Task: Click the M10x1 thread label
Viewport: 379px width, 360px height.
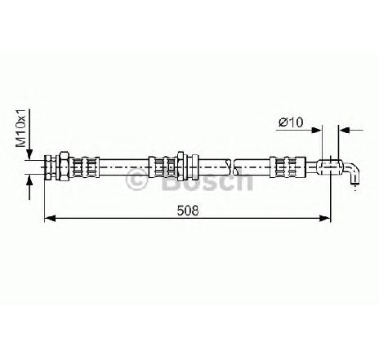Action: [20, 128]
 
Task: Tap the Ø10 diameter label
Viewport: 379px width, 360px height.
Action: [291, 122]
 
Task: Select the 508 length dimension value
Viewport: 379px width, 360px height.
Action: [188, 211]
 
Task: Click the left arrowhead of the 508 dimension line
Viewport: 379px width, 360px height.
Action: [50, 218]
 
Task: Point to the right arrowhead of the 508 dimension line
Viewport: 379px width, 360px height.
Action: [325, 218]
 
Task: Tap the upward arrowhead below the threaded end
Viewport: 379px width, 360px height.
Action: [29, 181]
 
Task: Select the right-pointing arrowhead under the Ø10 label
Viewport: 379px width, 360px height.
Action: [316, 131]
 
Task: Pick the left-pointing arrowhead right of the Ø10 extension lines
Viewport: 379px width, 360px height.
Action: [344, 131]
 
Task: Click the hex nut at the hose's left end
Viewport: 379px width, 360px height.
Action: [65, 167]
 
